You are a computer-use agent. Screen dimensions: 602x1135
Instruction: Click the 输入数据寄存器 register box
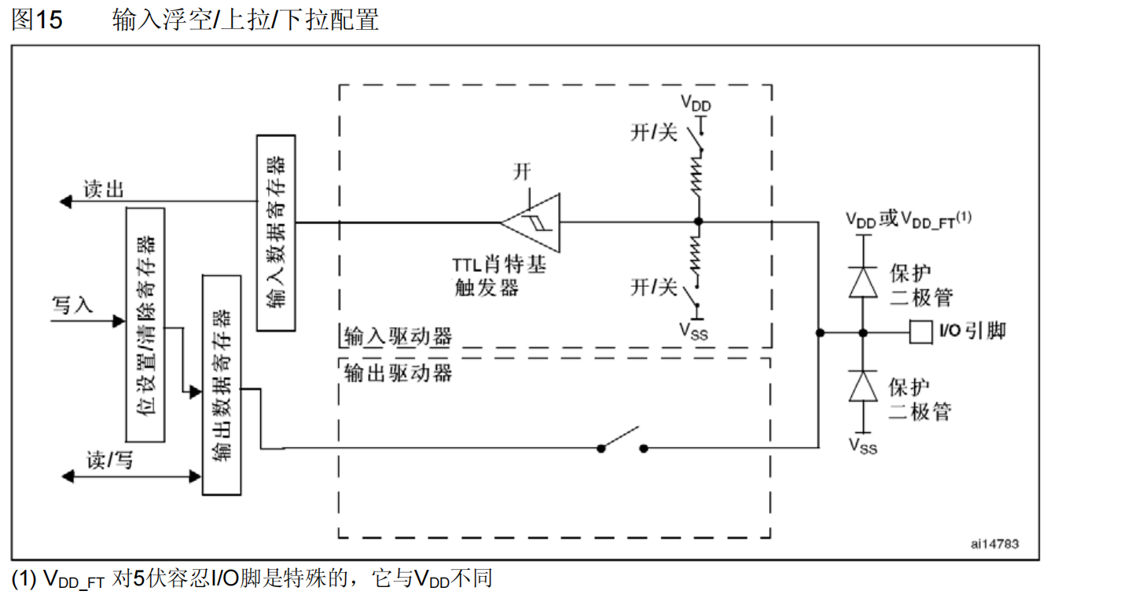[x=276, y=233]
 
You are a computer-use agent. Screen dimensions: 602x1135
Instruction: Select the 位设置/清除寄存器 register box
[x=145, y=325]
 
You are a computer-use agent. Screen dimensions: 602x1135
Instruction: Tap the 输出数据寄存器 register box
[x=222, y=384]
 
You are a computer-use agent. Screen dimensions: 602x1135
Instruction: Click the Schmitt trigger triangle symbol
[x=532, y=222]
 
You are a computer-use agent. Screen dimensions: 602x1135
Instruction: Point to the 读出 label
[x=104, y=189]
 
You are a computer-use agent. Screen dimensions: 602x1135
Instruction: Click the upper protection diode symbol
[x=863, y=281]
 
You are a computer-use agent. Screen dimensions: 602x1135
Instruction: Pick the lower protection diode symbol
[x=863, y=386]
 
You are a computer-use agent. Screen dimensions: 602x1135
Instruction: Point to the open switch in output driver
[x=622, y=441]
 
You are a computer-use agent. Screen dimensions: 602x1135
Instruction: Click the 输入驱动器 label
[x=399, y=336]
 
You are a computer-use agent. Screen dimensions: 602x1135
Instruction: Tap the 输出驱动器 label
[x=399, y=372]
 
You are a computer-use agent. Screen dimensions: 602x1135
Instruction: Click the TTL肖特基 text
[x=501, y=265]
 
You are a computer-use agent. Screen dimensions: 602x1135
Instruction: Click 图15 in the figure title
[x=37, y=20]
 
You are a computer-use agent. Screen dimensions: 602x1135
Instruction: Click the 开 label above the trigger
[x=523, y=172]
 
